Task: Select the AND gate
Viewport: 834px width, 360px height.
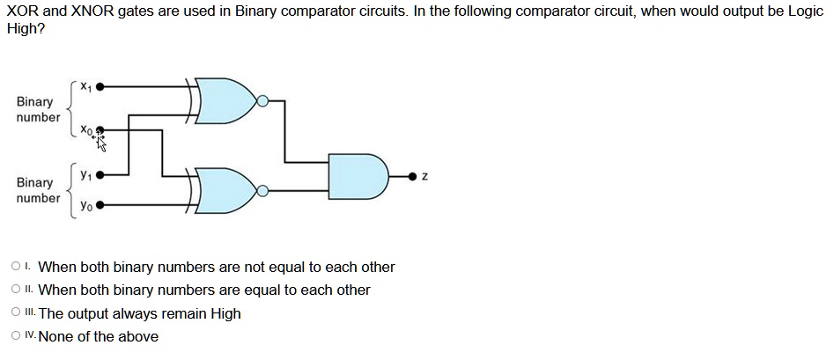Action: tap(358, 177)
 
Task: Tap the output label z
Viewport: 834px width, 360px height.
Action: tap(425, 177)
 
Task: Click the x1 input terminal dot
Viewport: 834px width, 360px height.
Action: tap(100, 86)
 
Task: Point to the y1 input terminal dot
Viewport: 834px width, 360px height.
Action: tap(100, 174)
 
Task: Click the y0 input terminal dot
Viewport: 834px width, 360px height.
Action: tap(100, 204)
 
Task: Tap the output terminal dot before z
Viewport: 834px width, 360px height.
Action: tap(412, 177)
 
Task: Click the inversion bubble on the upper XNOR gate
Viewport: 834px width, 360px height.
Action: tap(262, 100)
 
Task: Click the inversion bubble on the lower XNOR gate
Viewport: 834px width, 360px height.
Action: tap(262, 191)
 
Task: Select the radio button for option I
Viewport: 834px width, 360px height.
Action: tap(16, 266)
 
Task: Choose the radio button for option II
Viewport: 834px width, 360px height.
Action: tap(16, 290)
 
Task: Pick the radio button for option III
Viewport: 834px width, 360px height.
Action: tap(16, 312)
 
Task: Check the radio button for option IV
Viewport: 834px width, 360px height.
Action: tap(16, 335)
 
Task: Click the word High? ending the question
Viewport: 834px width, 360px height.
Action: tap(26, 29)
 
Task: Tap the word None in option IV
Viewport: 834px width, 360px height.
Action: tap(56, 336)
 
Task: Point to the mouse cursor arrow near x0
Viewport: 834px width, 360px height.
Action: tap(101, 143)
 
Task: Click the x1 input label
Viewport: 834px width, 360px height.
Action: tap(85, 86)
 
